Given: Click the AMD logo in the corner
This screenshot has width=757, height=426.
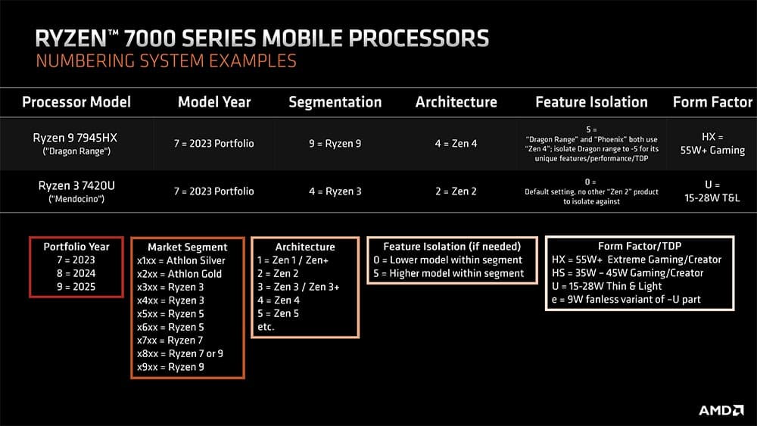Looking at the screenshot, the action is [x=721, y=411].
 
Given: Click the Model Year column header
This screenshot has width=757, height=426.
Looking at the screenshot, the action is [x=214, y=102].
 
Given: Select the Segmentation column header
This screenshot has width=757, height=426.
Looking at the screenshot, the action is [x=335, y=102].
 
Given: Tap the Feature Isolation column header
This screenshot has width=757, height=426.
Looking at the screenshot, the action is [x=591, y=102].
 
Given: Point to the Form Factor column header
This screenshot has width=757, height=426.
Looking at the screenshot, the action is [x=712, y=102].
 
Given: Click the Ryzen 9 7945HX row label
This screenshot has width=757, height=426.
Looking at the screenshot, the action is [x=75, y=144].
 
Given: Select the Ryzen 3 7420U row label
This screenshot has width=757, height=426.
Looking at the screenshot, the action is [x=76, y=191].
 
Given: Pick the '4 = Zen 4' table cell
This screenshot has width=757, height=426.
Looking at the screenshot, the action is [x=456, y=144].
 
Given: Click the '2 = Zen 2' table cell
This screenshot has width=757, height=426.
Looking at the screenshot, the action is [x=456, y=191].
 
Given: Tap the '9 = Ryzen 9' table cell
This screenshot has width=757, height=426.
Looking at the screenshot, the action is [x=335, y=144].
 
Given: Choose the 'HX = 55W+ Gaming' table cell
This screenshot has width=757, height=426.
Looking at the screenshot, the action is [x=712, y=144].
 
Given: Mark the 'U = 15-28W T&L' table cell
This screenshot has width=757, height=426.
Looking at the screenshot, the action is [x=712, y=191].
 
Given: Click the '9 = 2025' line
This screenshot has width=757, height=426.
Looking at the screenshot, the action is [x=76, y=287].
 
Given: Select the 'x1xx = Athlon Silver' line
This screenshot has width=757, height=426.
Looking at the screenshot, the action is [x=181, y=260].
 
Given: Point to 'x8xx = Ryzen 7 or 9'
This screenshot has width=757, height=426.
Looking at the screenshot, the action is [x=180, y=353].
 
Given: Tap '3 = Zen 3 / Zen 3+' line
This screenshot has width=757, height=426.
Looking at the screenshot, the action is [x=298, y=287].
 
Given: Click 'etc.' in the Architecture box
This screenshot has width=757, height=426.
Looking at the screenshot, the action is [x=266, y=327].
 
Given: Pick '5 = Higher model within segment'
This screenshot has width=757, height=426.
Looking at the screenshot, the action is [x=448, y=274].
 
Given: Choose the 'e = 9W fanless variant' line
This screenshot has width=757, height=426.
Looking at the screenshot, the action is [x=626, y=299].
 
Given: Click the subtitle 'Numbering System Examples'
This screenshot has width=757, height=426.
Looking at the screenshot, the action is [x=166, y=61].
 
